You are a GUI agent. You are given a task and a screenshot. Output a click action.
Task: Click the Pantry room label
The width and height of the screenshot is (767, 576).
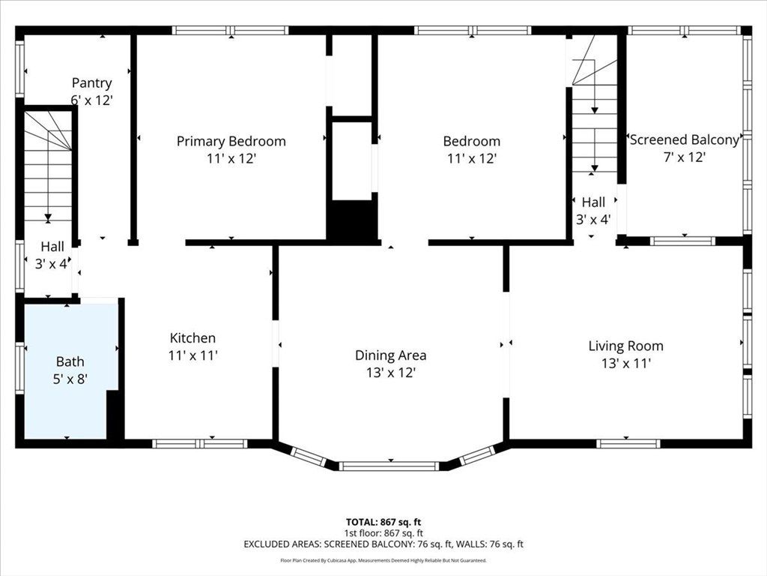[x=92, y=82]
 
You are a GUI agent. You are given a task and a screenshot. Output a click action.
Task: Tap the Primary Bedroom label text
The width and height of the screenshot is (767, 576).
[x=231, y=141]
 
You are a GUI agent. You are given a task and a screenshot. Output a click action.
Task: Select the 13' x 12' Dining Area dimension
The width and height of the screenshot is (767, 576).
[x=391, y=373]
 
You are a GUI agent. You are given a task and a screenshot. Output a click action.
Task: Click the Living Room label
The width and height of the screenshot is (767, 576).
[x=625, y=346]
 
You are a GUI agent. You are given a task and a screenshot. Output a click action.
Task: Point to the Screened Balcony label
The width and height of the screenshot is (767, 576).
[x=685, y=139]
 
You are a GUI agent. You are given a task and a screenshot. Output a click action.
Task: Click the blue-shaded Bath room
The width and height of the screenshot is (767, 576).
[x=70, y=370]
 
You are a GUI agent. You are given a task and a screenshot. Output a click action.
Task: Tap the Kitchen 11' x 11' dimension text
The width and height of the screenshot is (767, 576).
[x=192, y=355]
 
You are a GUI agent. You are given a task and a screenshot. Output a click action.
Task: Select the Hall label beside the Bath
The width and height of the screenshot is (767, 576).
[x=52, y=246]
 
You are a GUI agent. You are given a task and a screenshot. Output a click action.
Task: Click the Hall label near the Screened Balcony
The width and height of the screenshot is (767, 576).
[x=593, y=202]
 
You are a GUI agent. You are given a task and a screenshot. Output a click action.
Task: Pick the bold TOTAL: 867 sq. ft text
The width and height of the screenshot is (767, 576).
[x=383, y=522]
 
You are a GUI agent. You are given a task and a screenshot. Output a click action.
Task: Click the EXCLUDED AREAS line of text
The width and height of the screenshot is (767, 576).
[x=383, y=544]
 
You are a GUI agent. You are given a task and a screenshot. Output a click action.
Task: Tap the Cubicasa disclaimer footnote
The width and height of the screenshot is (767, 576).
[x=383, y=560]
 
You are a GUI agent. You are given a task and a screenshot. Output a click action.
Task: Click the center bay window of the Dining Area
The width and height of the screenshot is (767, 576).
[x=389, y=466]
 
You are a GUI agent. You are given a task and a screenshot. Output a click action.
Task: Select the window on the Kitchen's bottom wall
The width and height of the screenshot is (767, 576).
[x=199, y=444]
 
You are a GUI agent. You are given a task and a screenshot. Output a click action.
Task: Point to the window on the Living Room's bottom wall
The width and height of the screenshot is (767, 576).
[x=628, y=444]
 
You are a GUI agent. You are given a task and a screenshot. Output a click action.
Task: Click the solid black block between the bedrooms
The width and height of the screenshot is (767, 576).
[x=353, y=220]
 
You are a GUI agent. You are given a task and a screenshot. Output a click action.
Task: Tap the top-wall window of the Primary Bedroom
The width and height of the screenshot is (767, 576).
[x=231, y=30]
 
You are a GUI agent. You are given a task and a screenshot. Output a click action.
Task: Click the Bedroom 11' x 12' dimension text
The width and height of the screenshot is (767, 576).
[x=472, y=159]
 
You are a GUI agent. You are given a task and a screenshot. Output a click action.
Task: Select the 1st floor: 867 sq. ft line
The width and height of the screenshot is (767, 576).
[x=383, y=533]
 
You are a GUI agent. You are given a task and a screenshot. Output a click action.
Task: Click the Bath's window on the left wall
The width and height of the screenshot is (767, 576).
[x=19, y=367]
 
